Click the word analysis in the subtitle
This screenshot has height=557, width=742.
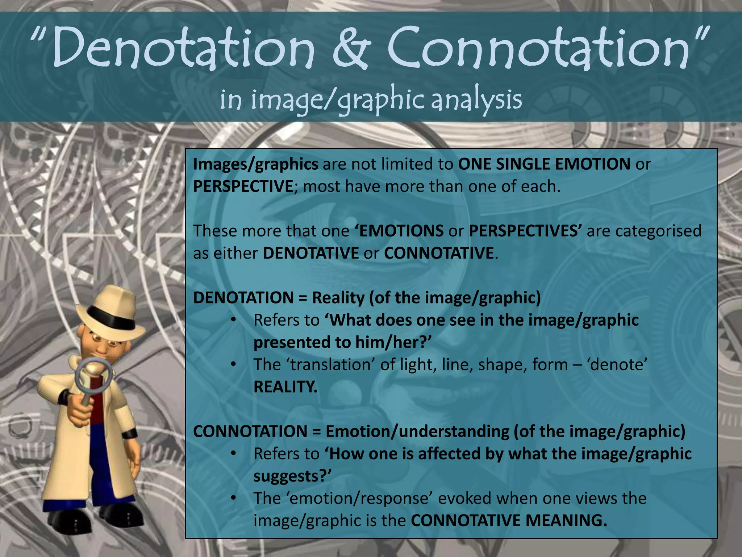click(x=476, y=100)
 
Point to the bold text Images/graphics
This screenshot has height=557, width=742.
click(x=255, y=164)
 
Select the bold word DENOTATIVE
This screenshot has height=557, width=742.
click(x=311, y=253)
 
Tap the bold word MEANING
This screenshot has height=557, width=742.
click(x=566, y=521)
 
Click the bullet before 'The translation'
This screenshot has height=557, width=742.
click(x=234, y=364)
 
